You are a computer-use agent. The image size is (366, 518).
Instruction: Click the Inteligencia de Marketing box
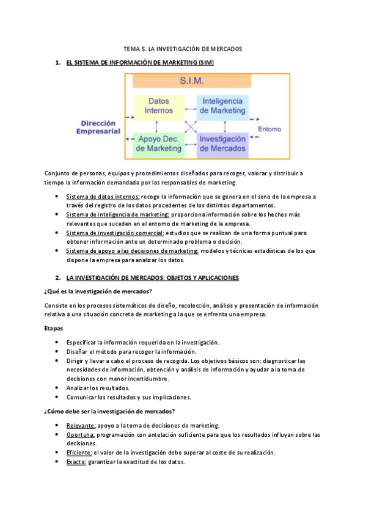tap(222, 106)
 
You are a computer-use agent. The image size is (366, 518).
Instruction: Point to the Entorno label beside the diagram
tap(269, 129)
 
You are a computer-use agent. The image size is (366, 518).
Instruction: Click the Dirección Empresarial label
tap(98, 126)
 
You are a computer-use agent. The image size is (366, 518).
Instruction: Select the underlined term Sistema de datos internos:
tap(103, 197)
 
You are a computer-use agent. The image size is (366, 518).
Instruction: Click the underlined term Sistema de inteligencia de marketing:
tap(119, 214)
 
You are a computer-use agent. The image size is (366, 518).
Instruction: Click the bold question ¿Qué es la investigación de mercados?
tap(98, 291)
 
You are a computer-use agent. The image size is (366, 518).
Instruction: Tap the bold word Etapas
tap(54, 329)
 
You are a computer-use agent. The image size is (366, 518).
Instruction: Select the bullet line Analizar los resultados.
tap(98, 388)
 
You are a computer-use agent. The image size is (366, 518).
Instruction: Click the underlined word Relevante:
tap(81, 426)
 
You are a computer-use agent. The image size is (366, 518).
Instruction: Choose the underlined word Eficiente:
tap(79, 453)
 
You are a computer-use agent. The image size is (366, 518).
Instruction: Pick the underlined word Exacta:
tap(76, 462)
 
